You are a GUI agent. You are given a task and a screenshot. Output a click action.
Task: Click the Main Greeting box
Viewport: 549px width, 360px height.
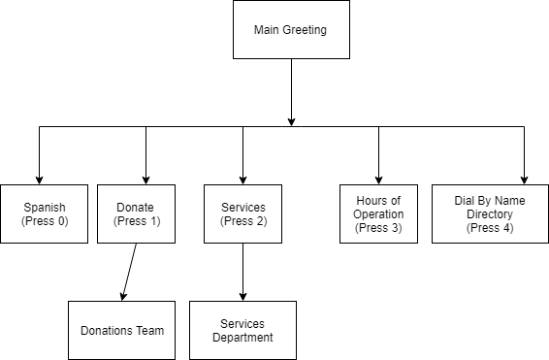(x=290, y=30)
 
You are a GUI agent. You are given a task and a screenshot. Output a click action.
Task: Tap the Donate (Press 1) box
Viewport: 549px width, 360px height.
(x=136, y=213)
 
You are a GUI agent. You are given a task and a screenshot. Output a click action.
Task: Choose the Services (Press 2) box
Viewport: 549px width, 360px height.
(x=242, y=213)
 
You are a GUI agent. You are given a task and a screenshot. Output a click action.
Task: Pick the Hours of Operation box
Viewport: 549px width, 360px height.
(x=378, y=213)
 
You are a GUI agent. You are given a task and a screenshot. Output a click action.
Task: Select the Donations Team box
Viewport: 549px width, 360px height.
(x=121, y=330)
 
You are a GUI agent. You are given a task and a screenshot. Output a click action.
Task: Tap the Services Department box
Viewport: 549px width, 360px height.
(x=242, y=330)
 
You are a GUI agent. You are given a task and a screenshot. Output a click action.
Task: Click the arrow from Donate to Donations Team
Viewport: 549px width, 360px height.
(x=129, y=272)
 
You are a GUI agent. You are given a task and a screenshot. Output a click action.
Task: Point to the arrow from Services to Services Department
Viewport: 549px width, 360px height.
(x=242, y=272)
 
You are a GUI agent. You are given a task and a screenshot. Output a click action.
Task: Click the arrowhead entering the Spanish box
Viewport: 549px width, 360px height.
(x=39, y=179)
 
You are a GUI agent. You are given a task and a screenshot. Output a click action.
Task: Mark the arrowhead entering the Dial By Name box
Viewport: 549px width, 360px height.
(x=524, y=179)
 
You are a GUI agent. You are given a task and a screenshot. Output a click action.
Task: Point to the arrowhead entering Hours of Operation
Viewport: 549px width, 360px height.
(x=378, y=179)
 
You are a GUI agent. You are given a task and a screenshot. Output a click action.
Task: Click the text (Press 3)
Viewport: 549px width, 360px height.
(x=378, y=228)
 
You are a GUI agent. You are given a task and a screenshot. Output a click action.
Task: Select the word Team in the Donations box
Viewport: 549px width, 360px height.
(x=149, y=330)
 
